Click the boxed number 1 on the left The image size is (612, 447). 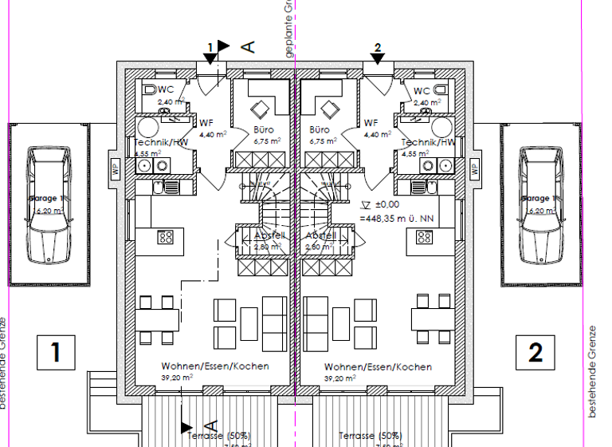pos(55,352)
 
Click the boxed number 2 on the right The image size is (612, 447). pos(535,352)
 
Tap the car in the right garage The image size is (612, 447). pos(541,204)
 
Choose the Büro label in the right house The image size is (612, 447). pos(320,129)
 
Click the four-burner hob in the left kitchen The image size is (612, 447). pos(167,236)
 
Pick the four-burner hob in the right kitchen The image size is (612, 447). pos(423,236)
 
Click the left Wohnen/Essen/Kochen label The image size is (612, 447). pos(214,366)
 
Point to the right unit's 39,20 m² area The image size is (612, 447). pos(338,378)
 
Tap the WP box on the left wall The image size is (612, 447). pos(116,169)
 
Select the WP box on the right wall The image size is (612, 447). pos(474,169)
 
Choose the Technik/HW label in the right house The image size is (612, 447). pos(429,142)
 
